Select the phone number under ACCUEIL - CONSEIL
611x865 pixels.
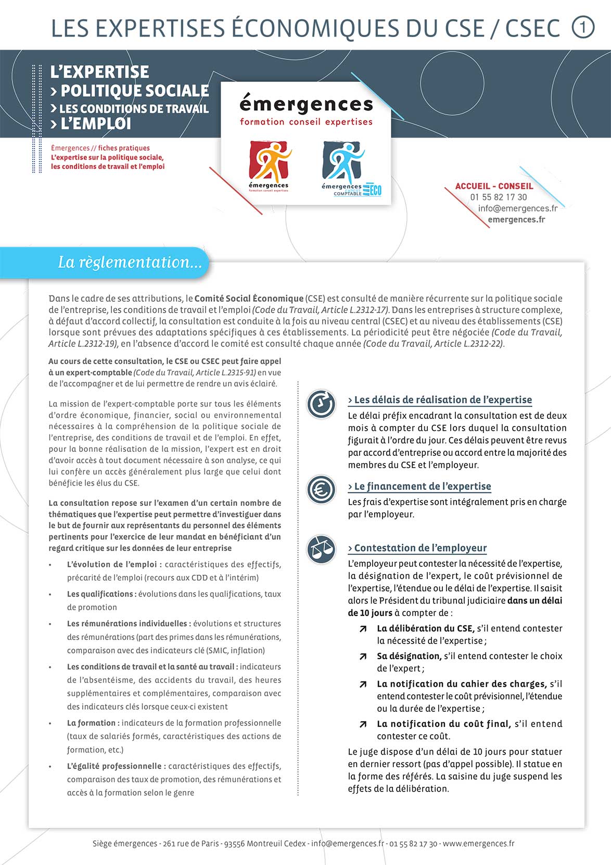point(498,197)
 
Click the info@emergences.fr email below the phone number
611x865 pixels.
point(517,208)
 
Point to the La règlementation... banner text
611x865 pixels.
point(130,262)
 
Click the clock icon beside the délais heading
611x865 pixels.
point(321,403)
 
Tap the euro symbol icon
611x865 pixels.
point(321,489)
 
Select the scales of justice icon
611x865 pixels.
point(321,549)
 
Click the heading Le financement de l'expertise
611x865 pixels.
point(419,486)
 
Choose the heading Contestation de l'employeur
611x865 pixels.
point(417,548)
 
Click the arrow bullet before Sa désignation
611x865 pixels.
point(363,657)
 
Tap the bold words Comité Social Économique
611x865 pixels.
point(249,299)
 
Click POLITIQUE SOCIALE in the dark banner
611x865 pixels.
point(134,91)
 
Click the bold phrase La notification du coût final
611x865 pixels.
point(443,724)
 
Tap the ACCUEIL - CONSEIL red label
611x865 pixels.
point(494,186)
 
